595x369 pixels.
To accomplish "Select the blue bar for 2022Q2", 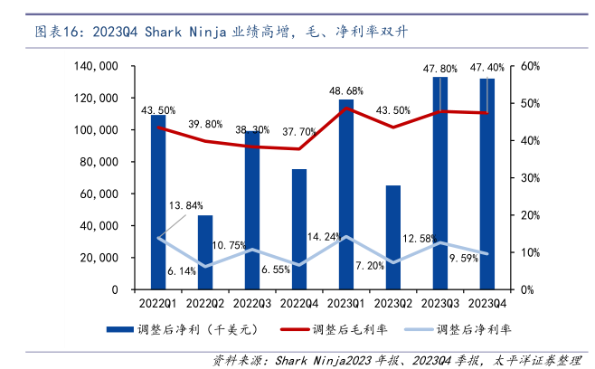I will coord(205,252).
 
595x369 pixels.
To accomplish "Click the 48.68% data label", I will coord(346,91).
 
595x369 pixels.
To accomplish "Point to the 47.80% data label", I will coord(440,68).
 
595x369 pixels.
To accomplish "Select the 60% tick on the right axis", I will coord(530,66).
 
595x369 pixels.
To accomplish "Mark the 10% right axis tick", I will coord(530,252).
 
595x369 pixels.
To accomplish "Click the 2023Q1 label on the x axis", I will coord(346,303).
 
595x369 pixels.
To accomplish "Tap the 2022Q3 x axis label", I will coord(252,303).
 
